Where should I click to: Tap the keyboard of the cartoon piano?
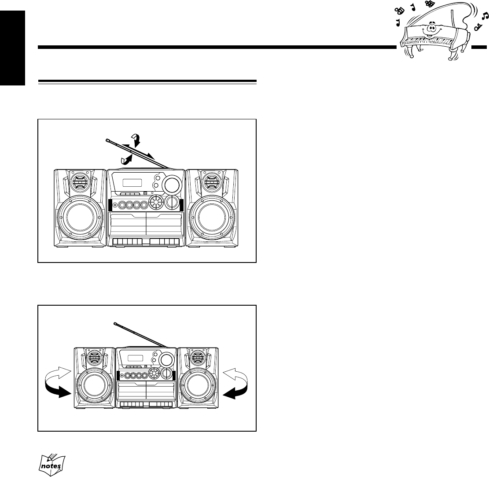[429, 42]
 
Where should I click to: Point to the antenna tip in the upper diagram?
[108, 140]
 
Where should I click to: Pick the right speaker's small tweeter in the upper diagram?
[212, 181]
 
